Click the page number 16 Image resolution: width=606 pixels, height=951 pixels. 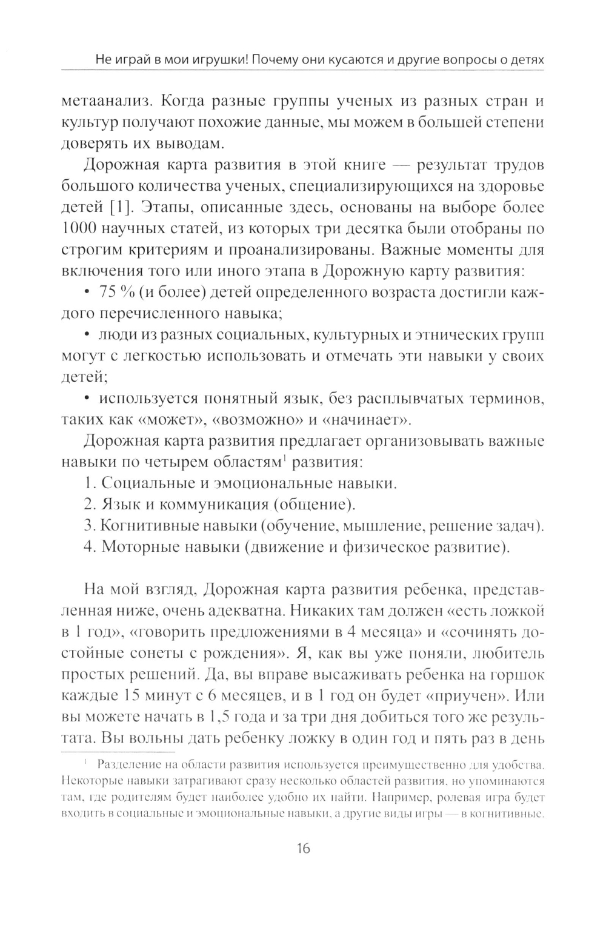point(303,848)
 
